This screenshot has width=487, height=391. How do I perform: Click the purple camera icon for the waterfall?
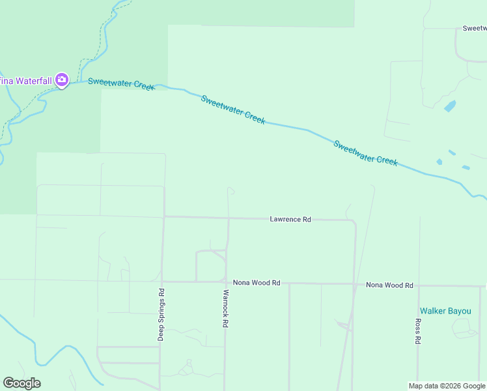(62, 80)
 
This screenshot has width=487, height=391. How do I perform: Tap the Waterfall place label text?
(25, 80)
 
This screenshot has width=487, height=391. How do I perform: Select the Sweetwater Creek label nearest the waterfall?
(121, 84)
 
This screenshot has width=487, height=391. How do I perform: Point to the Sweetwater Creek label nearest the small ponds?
(365, 152)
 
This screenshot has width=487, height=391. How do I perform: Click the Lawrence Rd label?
(290, 220)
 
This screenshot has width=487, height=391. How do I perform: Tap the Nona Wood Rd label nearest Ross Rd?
(389, 285)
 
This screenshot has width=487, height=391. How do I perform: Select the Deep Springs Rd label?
(160, 315)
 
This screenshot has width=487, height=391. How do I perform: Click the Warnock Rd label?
(226, 308)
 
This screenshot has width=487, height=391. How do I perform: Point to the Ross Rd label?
(418, 331)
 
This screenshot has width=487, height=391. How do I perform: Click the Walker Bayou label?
(445, 311)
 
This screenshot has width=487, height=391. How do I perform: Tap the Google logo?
(21, 383)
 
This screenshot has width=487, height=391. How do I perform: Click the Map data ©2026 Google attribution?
(447, 386)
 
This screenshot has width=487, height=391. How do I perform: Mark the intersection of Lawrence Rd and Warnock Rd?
(228, 218)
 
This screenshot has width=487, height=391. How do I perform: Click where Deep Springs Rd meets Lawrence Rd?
(163, 216)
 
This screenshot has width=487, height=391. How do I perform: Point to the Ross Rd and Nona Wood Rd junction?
(419, 285)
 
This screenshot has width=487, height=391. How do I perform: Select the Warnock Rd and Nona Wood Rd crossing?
(226, 282)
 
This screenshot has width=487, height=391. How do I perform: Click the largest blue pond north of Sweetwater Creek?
(450, 106)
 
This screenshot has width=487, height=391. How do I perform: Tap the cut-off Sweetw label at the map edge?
(474, 29)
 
